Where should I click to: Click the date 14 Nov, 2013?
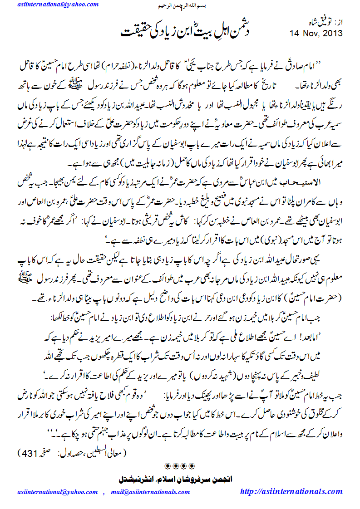pyautogui.click(x=316, y=33)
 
